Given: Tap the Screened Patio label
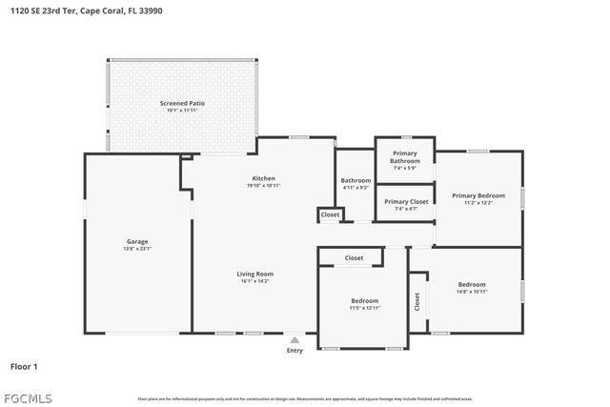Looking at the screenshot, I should point(181,102).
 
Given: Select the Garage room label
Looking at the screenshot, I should point(138,241).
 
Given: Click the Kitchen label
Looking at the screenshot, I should point(263,178).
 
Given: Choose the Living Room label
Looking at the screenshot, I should point(254,274).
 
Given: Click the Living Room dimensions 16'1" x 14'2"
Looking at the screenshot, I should point(254,281).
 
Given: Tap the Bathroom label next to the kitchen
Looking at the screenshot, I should point(356,180).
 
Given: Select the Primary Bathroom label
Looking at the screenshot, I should point(405,157).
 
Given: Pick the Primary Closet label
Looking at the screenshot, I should point(405,201).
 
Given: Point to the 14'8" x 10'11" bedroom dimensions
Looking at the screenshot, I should point(472,292).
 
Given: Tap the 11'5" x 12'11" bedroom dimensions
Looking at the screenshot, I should point(364,307).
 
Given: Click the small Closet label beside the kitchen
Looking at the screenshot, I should point(330,215).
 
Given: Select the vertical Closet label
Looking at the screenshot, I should point(417,300).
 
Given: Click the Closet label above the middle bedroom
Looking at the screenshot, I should point(354,257).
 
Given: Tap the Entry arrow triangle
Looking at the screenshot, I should point(295,338).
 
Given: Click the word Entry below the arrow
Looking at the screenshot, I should point(295,350).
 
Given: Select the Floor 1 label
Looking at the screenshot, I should point(24,366).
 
